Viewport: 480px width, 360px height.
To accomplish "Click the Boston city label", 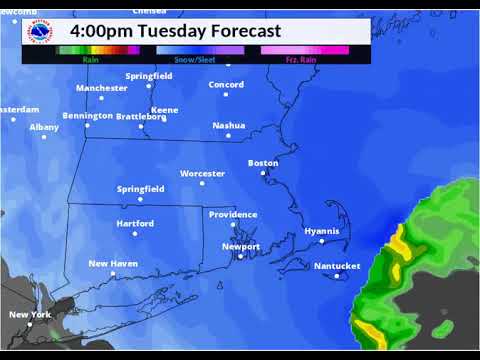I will (263, 162).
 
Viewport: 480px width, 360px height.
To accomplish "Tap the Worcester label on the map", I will (202, 173).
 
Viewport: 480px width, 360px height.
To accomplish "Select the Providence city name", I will (232, 214).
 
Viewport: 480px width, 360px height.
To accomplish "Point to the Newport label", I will (241, 246).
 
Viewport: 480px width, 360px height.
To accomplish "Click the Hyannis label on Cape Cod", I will (322, 231).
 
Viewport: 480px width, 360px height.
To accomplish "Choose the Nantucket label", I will (336, 266).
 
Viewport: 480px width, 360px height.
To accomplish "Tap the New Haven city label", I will (114, 263).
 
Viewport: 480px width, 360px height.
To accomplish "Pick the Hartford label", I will (134, 223).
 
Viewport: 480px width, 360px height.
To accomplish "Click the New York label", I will (29, 314).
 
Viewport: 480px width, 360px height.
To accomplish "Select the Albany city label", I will (44, 127).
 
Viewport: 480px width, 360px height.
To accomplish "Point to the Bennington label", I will (87, 115).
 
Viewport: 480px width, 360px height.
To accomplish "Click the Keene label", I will (164, 109).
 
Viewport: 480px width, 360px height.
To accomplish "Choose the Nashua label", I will (229, 125).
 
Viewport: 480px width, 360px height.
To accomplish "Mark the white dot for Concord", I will (226, 96).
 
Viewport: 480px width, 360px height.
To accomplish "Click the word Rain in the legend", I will (90, 59).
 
